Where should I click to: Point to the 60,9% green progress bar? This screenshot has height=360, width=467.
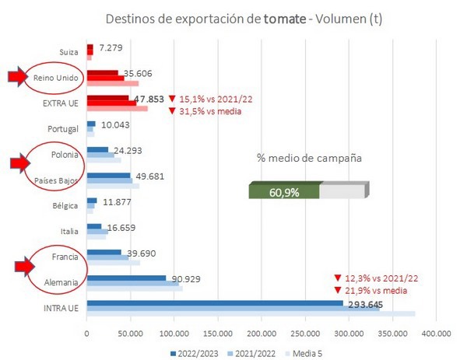[284, 191]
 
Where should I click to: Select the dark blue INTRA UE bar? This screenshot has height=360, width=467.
[215, 303]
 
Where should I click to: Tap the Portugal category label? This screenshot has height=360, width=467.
[64, 128]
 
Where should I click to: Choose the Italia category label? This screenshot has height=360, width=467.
[68, 231]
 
